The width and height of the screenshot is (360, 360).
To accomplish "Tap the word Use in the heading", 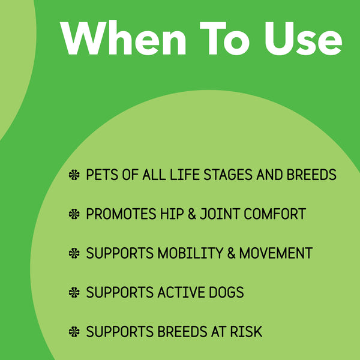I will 299,39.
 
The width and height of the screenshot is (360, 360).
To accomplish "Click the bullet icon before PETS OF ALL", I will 74,175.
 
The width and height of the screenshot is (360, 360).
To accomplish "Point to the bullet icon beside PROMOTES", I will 74,214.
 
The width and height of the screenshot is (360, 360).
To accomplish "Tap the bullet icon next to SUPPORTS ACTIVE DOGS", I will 74,293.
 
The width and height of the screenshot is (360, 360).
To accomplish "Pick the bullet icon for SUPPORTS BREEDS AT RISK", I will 74,332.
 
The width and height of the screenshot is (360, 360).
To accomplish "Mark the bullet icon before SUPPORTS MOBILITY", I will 74,253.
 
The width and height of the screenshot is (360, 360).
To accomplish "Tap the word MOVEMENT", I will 275,253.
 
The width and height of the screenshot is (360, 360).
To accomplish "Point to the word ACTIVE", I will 177,293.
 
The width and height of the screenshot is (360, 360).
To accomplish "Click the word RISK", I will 245,332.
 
